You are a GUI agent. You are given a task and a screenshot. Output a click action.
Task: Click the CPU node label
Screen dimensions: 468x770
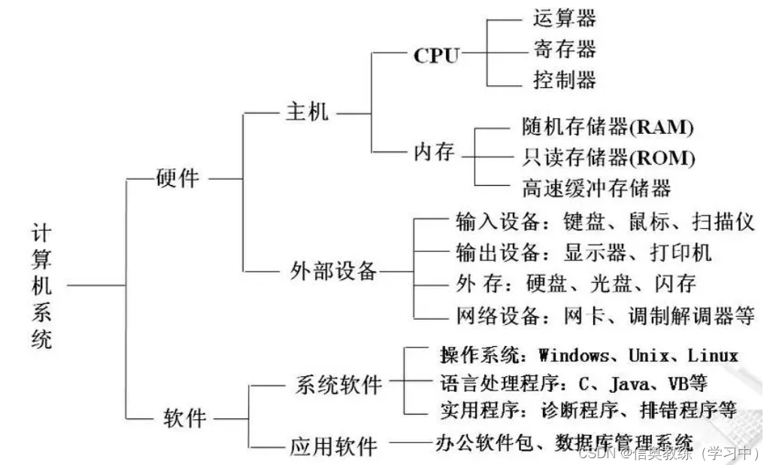(436, 55)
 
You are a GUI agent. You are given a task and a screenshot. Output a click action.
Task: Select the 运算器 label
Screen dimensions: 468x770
(564, 17)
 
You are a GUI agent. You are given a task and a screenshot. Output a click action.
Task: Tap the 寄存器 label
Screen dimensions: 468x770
(564, 49)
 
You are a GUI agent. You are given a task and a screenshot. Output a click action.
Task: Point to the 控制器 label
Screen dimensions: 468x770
(564, 80)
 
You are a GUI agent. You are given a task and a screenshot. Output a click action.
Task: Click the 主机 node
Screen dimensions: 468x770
(307, 114)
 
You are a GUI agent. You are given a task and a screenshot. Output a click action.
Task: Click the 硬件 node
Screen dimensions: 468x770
(177, 178)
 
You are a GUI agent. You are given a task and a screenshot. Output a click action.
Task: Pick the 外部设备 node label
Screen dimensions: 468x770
(333, 271)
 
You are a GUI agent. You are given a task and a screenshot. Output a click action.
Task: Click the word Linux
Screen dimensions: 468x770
(713, 355)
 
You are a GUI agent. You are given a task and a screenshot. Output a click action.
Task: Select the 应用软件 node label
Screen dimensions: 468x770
(333, 447)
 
